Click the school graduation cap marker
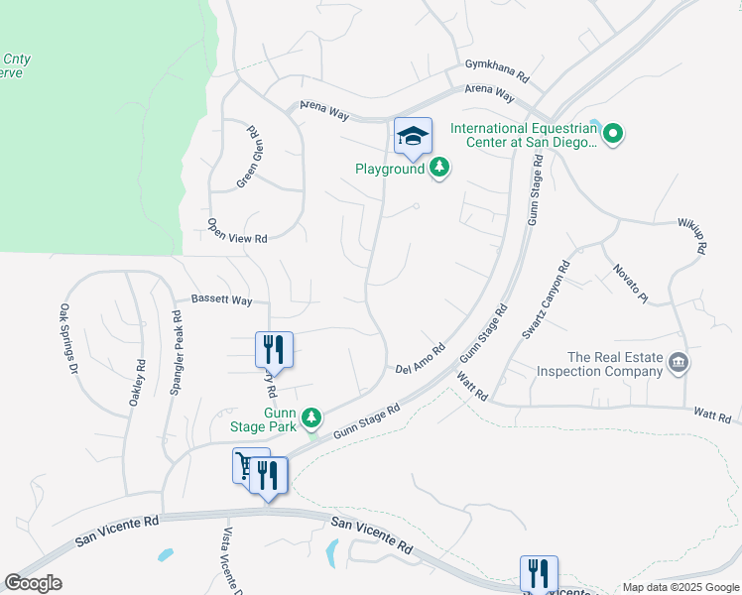tap(413, 137)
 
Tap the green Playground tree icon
tap(439, 169)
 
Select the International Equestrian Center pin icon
tap(613, 134)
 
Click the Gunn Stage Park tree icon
tap(312, 416)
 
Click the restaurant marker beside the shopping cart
tap(268, 475)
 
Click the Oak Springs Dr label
tap(68, 339)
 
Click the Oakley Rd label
tap(138, 382)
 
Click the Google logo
tap(34, 583)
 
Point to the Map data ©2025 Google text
tap(680, 587)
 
